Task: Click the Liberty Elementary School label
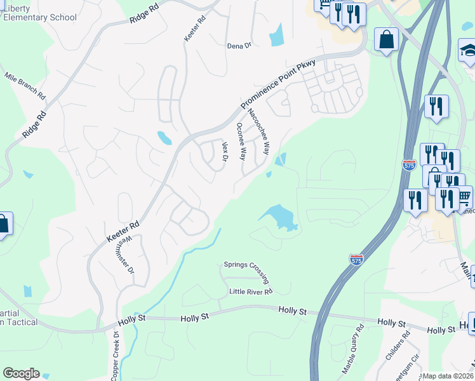pyautogui.click(x=39, y=13)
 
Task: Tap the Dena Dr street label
pyautogui.click(x=240, y=46)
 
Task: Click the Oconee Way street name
pyautogui.click(x=241, y=141)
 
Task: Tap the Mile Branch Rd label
pyautogui.click(x=25, y=86)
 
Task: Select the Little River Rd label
pyautogui.click(x=251, y=291)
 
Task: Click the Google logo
pyautogui.click(x=21, y=373)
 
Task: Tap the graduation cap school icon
pyautogui.click(x=467, y=51)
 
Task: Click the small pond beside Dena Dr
pyautogui.click(x=276, y=35)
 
